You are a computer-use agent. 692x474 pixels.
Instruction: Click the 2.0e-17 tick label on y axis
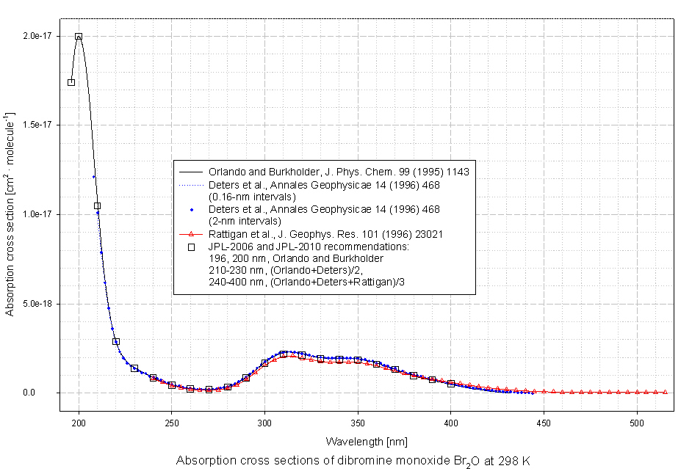(37, 36)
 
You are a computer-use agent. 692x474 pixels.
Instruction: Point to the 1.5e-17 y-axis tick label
(37, 125)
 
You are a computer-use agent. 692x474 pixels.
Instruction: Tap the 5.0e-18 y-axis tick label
(37, 304)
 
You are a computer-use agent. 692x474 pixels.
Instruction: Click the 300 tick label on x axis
(264, 422)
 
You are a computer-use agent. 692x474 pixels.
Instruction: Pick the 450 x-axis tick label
(544, 422)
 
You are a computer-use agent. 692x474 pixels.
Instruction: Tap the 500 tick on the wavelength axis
(637, 422)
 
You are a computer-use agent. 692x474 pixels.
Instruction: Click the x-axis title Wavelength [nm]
(367, 442)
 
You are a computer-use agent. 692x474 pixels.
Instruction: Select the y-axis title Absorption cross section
(10, 213)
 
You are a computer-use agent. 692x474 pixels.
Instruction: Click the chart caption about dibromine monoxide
(353, 462)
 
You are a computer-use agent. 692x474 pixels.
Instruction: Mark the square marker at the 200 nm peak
(79, 36)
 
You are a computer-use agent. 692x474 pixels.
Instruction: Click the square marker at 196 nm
(71, 82)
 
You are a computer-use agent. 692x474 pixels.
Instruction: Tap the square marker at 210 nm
(97, 206)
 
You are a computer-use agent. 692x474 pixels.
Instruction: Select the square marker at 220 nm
(116, 341)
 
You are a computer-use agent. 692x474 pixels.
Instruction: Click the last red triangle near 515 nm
(665, 392)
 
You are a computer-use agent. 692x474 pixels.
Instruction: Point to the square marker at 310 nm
(284, 354)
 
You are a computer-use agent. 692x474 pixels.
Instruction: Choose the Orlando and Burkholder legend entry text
(338, 172)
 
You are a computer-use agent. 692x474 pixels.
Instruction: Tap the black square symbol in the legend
(191, 247)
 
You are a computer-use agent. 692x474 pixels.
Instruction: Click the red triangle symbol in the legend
(191, 234)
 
